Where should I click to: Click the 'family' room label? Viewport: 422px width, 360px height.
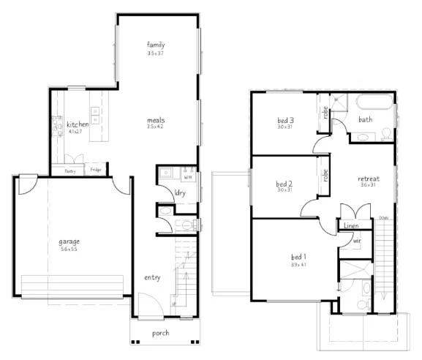click(x=155, y=45)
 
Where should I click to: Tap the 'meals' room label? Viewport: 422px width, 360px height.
click(x=155, y=119)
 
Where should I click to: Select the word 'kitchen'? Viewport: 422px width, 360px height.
click(x=78, y=125)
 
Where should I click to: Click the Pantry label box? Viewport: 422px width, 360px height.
click(x=70, y=170)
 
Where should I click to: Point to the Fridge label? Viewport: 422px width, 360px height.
click(x=96, y=170)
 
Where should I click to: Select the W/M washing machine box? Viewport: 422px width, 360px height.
click(x=187, y=176)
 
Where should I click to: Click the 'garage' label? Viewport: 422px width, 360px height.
click(x=69, y=241)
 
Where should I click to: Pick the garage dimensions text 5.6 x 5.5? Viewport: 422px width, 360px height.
click(x=69, y=250)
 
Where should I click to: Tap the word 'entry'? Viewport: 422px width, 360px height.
click(x=152, y=277)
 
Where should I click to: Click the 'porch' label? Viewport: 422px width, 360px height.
click(x=161, y=333)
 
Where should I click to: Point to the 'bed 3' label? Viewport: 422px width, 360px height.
click(x=285, y=120)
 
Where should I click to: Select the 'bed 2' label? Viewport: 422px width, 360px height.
click(x=285, y=183)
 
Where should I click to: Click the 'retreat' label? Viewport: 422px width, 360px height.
click(x=368, y=179)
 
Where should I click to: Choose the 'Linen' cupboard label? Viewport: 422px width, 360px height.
click(x=350, y=227)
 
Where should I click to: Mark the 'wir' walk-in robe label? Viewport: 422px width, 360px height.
click(x=356, y=240)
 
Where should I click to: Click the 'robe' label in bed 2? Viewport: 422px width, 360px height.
click(x=325, y=176)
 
